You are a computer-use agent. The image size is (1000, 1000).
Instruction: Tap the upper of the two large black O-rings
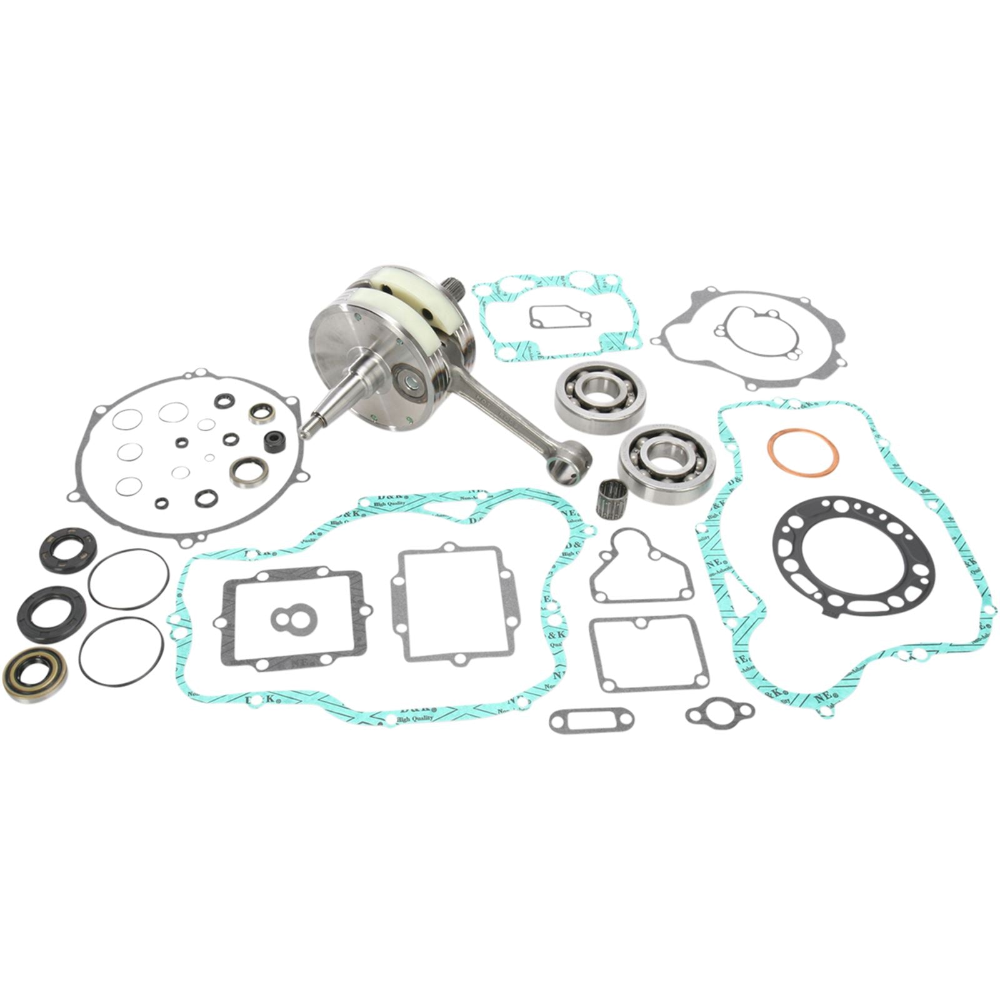tap(128, 577)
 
